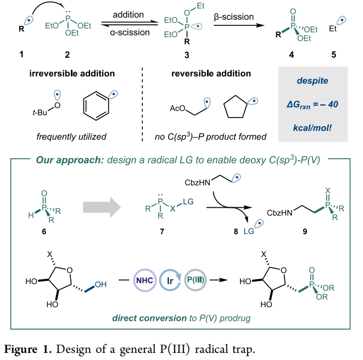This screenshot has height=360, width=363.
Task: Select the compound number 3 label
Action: click(187, 55)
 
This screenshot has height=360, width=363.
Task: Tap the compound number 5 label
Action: click(333, 55)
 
